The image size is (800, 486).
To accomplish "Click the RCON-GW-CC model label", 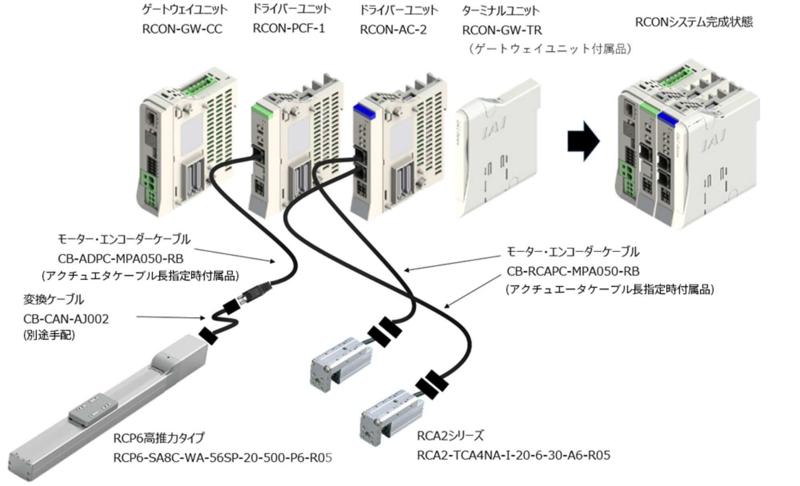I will pyautogui.click(x=182, y=30).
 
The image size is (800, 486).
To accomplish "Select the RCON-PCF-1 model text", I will pyautogui.click(x=289, y=29).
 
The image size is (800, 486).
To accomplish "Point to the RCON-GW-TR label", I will pyautogui.click(x=502, y=30).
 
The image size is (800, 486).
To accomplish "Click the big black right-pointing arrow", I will pyautogui.click(x=583, y=141).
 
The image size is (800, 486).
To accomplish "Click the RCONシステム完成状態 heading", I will pyautogui.click(x=694, y=22).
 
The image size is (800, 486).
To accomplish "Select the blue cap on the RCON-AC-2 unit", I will pyautogui.click(x=364, y=111).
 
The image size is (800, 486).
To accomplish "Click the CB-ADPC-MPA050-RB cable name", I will pyautogui.click(x=120, y=259).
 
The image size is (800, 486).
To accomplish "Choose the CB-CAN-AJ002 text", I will pyautogui.click(x=66, y=319).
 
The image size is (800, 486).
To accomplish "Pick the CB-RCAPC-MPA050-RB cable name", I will pyautogui.click(x=573, y=271).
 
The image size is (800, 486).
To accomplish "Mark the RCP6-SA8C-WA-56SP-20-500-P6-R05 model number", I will pyautogui.click(x=222, y=457).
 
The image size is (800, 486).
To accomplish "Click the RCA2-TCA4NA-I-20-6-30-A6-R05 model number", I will pyautogui.click(x=513, y=455).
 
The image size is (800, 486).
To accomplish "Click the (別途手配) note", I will pyautogui.click(x=49, y=335).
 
